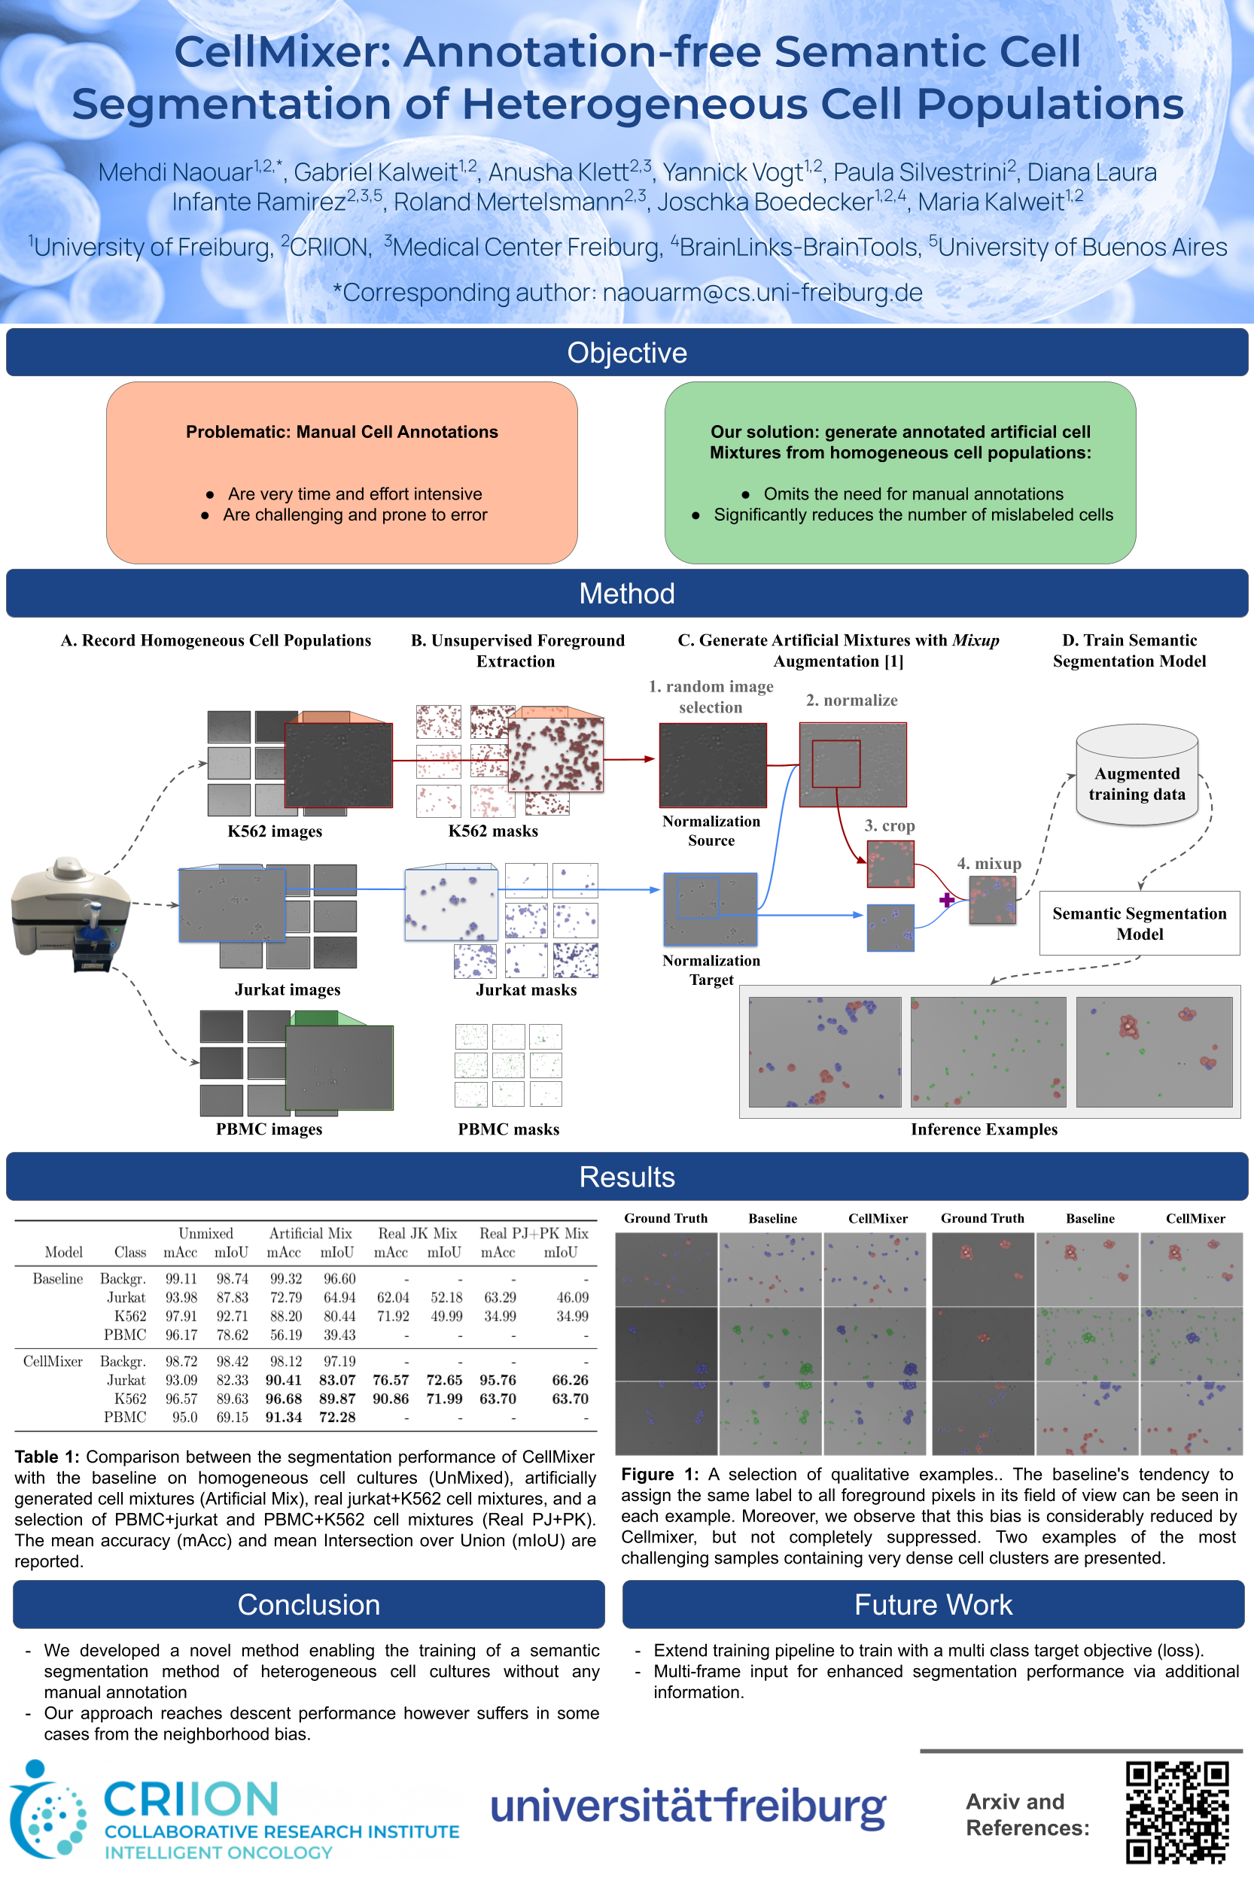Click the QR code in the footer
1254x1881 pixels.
1176,1813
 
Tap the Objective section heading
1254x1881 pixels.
627,353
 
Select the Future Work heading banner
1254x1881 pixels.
933,1604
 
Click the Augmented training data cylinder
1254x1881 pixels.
1137,775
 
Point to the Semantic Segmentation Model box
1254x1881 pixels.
1139,923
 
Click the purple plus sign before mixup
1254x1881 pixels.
947,900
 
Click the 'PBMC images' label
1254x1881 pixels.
269,1129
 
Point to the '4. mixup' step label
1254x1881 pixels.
988,863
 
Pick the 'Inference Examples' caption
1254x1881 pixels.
984,1129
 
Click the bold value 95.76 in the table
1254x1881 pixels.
498,1380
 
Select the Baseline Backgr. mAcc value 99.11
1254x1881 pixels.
181,1279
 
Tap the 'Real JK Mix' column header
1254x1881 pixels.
418,1233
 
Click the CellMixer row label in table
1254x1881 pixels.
53,1361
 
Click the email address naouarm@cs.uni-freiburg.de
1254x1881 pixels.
762,293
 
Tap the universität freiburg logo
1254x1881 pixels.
688,1808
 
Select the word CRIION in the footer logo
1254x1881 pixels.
191,1800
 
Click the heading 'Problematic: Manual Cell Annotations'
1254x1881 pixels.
342,432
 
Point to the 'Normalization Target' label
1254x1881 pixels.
711,970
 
